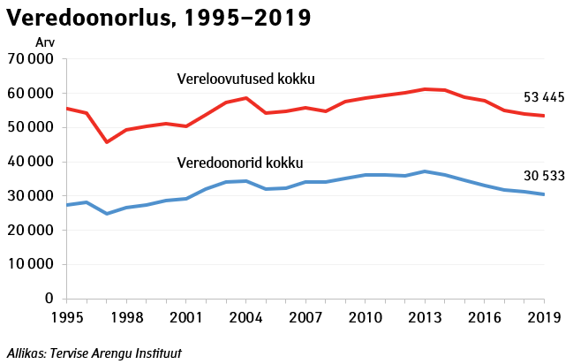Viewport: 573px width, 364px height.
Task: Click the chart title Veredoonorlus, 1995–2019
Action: point(159,17)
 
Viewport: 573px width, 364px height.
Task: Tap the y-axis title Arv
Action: point(44,42)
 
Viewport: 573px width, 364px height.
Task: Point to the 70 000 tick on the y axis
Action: point(30,59)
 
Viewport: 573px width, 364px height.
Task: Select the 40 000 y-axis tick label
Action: point(30,162)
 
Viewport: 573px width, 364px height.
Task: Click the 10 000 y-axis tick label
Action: point(30,264)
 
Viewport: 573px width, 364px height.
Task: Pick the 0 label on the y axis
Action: point(49,299)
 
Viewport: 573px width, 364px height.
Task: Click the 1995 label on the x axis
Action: point(66,316)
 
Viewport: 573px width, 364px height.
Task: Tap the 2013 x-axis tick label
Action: point(425,316)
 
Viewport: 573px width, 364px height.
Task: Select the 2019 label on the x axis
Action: point(544,316)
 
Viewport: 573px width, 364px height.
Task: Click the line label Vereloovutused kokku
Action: point(246,79)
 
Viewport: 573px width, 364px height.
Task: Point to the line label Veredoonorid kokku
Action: point(240,163)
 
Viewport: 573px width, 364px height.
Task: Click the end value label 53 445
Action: point(542,96)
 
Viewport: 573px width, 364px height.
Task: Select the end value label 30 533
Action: point(542,176)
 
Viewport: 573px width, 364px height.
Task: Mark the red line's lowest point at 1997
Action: point(106,142)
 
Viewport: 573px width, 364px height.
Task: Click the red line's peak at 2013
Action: point(425,89)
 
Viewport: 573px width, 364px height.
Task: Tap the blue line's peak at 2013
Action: point(425,171)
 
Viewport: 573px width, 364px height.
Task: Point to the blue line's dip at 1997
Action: point(106,214)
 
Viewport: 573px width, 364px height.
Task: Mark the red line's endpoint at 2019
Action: point(544,116)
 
